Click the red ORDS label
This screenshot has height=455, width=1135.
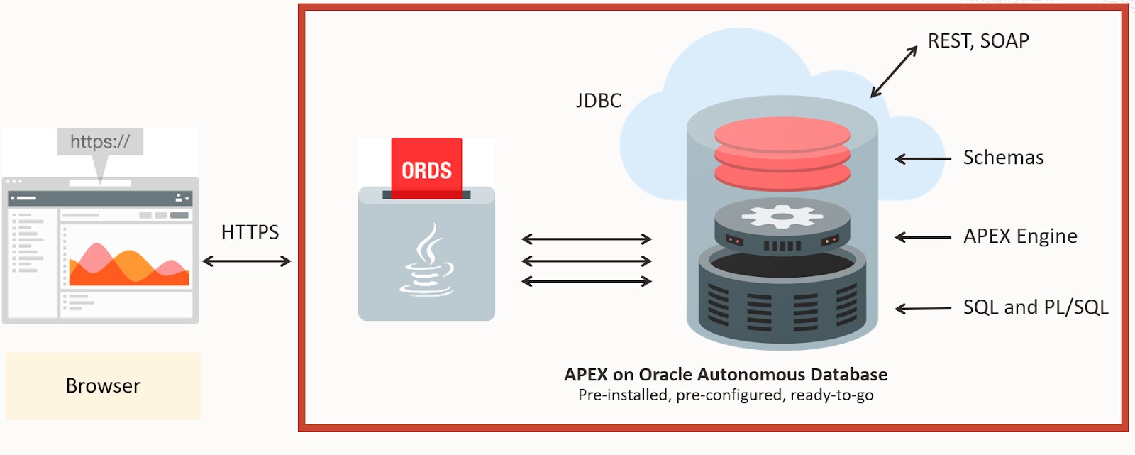point(426,168)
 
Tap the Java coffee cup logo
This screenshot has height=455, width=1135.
point(426,260)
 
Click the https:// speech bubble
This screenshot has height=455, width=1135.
point(100,147)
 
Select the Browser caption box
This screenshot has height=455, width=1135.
point(104,386)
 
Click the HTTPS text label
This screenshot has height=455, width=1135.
point(250,232)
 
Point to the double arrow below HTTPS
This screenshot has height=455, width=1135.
point(247,261)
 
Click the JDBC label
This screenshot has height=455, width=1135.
point(599,100)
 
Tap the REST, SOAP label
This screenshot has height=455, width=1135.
point(978,41)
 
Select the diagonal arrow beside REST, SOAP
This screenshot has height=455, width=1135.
point(894,72)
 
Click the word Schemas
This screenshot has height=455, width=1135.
point(1003,158)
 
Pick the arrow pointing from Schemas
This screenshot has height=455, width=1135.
point(923,159)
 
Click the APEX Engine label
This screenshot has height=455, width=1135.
point(1021,236)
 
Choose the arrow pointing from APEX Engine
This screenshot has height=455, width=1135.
point(923,237)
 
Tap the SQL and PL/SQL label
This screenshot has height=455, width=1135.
point(1036,307)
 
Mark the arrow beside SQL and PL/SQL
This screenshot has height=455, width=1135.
point(923,308)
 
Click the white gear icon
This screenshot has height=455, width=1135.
point(782,216)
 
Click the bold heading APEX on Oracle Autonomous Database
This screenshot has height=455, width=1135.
point(726,374)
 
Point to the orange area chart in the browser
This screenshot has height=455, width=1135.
point(129,264)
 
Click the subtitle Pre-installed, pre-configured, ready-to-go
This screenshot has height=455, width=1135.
point(726,395)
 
